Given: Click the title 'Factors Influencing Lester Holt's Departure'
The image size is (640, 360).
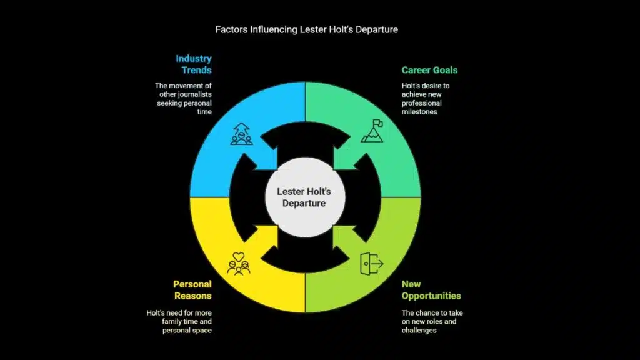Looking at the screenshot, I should (x=306, y=29).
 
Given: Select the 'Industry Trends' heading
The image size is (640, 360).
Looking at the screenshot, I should (x=193, y=64).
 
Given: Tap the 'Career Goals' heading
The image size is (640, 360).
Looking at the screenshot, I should (x=429, y=70).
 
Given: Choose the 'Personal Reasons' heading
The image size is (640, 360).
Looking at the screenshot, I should (x=192, y=290).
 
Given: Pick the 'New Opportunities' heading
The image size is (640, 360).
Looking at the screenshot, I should (x=431, y=290).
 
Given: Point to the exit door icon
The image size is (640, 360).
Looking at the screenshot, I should (x=371, y=264).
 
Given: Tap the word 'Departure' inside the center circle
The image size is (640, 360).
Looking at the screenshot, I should (x=304, y=203).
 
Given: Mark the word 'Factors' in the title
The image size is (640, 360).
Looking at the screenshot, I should (x=229, y=29).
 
